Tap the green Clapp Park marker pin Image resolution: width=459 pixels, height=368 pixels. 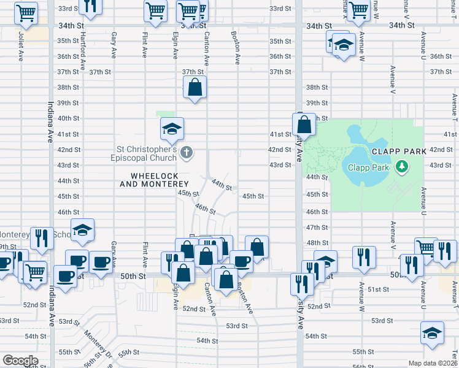click(402, 166)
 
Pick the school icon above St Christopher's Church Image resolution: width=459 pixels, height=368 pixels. click(172, 129)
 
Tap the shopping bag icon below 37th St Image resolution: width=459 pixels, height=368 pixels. click(195, 87)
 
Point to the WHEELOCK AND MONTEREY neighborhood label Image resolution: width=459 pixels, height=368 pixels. click(154, 180)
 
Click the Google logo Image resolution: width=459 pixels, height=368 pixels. click(20, 361)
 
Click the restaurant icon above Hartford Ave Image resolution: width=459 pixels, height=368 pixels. click(90, 6)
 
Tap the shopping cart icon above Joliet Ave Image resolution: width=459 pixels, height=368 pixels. click(26, 12)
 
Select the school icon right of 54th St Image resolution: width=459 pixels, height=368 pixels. click(432, 333)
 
